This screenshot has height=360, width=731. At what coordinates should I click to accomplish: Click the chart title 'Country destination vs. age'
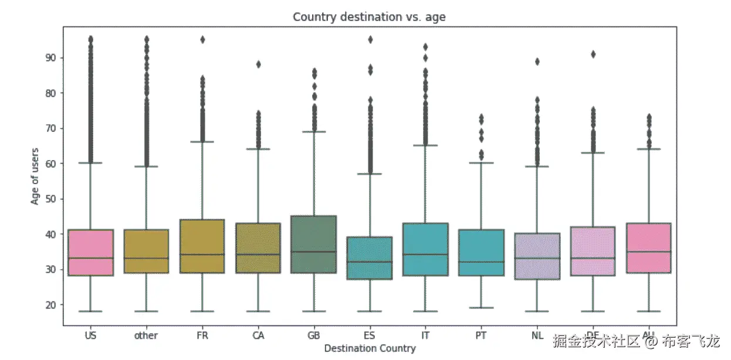pos(369,17)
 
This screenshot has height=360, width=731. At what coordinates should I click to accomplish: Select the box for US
pos(90,252)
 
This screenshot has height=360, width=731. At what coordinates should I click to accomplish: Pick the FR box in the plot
pos(202,246)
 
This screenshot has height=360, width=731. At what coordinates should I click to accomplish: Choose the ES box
pos(369,258)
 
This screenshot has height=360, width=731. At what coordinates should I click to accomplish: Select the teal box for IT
pos(425,249)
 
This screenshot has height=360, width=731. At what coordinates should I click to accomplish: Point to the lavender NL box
pos(536,256)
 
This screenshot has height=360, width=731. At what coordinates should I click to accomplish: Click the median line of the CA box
pos(258,254)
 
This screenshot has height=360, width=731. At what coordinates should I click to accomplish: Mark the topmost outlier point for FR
pos(202,40)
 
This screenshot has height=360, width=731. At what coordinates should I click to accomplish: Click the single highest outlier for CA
pos(258,64)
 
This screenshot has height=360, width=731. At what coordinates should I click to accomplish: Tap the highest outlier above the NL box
pos(536,62)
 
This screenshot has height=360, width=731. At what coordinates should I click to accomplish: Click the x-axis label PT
pos(480,336)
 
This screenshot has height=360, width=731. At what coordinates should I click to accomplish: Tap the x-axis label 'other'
pos(146,336)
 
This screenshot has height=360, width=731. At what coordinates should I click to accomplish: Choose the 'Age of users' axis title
pos(36,175)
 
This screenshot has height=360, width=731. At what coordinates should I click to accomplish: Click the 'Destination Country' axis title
pos(370,348)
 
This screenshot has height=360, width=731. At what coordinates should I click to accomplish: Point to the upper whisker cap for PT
pos(480,163)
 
